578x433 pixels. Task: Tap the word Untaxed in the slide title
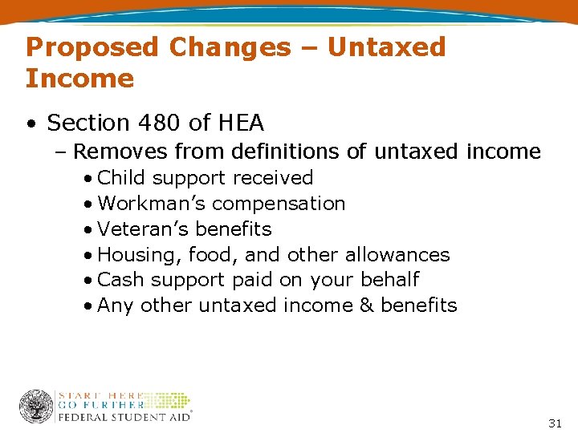[386, 47]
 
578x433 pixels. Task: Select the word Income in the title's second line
[79, 79]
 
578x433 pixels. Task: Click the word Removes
[120, 152]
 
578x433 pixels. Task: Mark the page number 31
[555, 423]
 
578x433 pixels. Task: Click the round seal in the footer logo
[36, 406]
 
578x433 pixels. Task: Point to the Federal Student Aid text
[124, 415]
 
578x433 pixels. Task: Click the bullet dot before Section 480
[30, 123]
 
